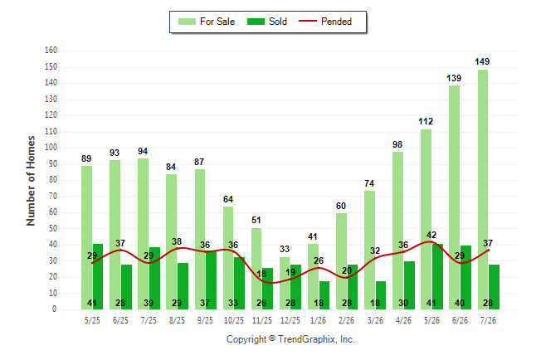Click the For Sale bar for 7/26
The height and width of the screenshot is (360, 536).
(x=483, y=190)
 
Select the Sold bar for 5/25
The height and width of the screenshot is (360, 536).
(x=98, y=277)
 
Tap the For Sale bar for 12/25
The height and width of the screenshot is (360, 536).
(x=285, y=284)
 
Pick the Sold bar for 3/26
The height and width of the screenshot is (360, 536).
(x=381, y=295)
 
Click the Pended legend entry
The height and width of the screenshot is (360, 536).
(x=325, y=22)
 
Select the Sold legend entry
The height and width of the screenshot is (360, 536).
(x=267, y=22)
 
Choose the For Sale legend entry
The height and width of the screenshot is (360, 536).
(x=207, y=22)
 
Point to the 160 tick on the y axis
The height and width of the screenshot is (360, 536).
(x=51, y=51)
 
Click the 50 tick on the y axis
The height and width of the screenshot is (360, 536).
(x=52, y=229)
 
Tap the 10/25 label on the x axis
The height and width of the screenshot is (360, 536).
(x=234, y=321)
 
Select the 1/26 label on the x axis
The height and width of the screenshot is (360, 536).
(x=319, y=321)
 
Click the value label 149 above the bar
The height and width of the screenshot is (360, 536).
(x=482, y=62)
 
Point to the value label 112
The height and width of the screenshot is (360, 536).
(x=426, y=121)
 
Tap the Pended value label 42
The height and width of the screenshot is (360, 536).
(x=431, y=236)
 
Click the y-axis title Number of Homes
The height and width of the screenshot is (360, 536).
(x=31, y=181)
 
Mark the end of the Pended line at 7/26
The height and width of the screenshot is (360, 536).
(x=488, y=251)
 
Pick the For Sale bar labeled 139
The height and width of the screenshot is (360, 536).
(x=455, y=197)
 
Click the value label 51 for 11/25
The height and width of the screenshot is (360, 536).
(x=256, y=220)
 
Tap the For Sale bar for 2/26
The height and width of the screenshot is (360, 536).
(x=341, y=261)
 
